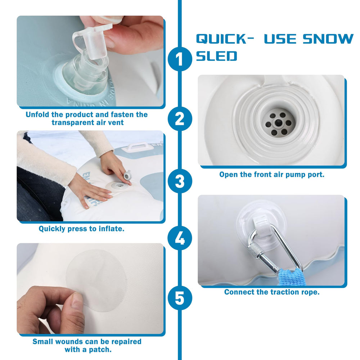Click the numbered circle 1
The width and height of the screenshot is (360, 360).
pyautogui.click(x=180, y=59)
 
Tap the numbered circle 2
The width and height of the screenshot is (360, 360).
pyautogui.click(x=180, y=119)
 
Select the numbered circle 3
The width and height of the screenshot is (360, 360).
pyautogui.click(x=180, y=181)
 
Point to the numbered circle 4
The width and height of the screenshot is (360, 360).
pyautogui.click(x=180, y=239)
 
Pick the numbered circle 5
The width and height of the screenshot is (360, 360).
pyautogui.click(x=180, y=298)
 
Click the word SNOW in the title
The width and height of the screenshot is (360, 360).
pyautogui.click(x=328, y=39)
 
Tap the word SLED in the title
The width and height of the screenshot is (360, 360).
pyautogui.click(x=216, y=56)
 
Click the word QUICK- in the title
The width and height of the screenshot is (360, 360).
pyautogui.click(x=225, y=39)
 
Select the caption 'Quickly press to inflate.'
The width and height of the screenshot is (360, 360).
pyautogui.click(x=81, y=229)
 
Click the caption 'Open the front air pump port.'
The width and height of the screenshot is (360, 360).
pyautogui.click(x=272, y=175)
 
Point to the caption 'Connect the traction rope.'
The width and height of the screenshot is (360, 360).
pyautogui.click(x=272, y=292)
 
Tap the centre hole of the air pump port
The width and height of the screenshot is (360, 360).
pyautogui.click(x=278, y=122)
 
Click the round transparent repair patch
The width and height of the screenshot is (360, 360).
pyautogui.click(x=96, y=280)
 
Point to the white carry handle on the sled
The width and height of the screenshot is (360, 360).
pyautogui.click(x=137, y=147)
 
